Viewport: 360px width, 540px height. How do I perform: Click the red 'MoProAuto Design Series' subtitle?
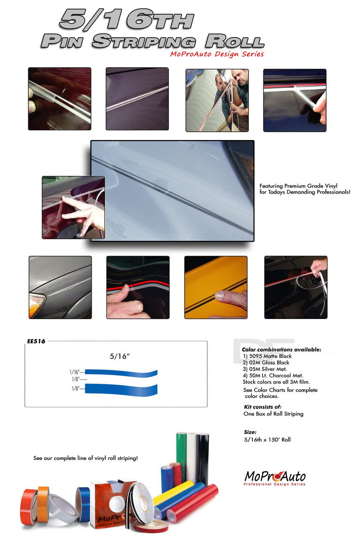click(x=217, y=54)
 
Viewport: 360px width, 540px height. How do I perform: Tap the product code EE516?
click(x=36, y=341)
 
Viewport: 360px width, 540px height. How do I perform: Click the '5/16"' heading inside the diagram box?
click(x=119, y=356)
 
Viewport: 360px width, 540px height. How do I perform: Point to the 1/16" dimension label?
click(x=75, y=372)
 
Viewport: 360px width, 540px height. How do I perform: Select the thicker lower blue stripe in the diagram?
click(x=121, y=389)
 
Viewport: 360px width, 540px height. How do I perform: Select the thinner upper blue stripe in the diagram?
click(x=121, y=373)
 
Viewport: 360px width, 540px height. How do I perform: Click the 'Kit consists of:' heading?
click(x=263, y=407)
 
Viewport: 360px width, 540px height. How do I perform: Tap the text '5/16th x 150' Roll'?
click(x=267, y=440)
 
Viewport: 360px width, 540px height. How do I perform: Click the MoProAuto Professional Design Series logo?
click(x=275, y=478)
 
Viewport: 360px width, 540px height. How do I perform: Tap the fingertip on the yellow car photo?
click(x=220, y=296)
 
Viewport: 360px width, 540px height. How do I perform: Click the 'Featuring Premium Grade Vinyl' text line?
click(x=298, y=186)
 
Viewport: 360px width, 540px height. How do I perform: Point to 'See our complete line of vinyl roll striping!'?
click(x=86, y=458)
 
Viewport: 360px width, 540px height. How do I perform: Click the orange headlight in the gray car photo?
click(x=36, y=306)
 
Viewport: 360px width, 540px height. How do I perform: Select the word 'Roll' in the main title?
click(x=235, y=41)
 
